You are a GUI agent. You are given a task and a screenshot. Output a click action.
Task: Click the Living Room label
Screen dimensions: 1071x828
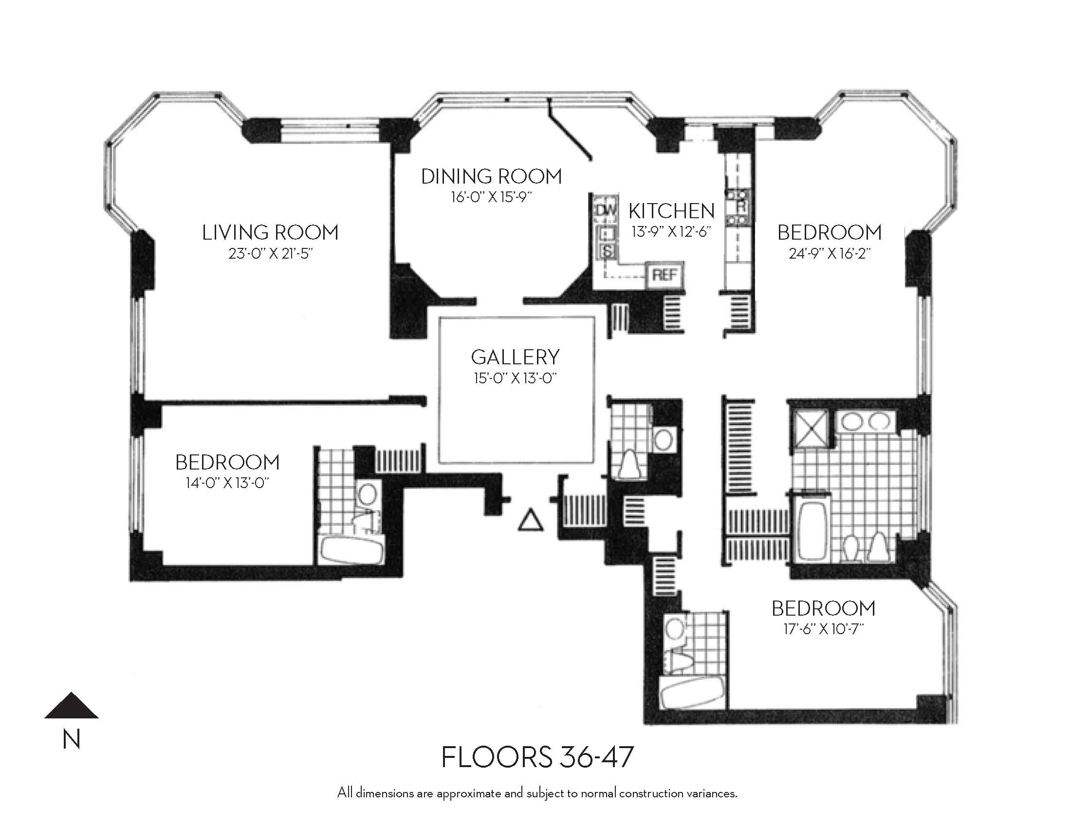point(270,232)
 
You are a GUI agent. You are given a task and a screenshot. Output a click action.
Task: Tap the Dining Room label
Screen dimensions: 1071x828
point(491,177)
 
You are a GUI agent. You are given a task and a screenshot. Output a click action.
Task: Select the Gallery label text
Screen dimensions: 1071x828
point(515,357)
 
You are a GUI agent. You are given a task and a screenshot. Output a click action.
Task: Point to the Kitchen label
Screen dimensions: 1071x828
point(671,211)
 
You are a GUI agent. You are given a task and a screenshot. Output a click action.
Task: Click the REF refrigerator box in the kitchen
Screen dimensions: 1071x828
point(665,275)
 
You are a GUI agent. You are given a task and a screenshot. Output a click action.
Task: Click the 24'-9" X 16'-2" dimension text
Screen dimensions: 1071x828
point(829,254)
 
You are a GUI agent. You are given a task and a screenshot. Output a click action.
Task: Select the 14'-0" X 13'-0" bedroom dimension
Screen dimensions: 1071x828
point(227,483)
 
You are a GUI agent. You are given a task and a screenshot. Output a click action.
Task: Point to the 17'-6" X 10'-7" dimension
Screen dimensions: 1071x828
point(823,629)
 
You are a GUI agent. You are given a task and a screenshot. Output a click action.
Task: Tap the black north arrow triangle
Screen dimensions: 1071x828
point(72,705)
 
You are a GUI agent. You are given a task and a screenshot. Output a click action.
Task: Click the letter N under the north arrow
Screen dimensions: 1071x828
point(72,739)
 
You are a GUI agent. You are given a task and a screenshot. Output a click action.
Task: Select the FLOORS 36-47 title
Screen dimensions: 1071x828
point(537,757)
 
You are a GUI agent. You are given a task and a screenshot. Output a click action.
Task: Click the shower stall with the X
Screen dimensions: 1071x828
point(810,431)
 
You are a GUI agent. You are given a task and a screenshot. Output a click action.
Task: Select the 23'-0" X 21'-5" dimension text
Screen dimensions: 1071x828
point(270,254)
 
